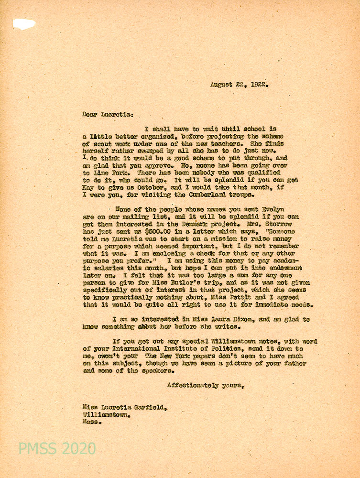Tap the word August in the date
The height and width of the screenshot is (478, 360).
coord(223,85)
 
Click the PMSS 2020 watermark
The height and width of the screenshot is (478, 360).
coord(57,449)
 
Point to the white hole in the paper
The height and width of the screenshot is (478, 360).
coord(24,24)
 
